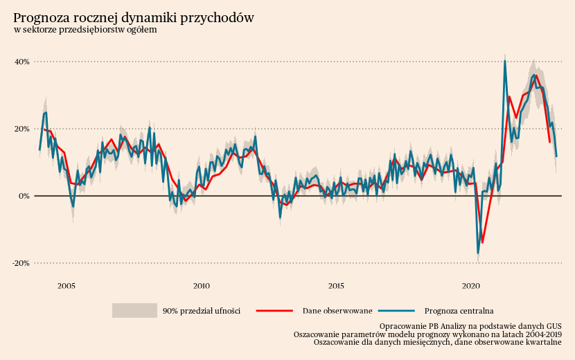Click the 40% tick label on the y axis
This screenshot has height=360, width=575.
point(21,62)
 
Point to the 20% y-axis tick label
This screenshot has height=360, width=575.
point(21,129)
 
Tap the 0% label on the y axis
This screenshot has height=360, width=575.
point(24,196)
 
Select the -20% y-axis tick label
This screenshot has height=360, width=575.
point(21,263)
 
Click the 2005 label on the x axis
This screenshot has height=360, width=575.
point(67,285)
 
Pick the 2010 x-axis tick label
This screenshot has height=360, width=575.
point(202,285)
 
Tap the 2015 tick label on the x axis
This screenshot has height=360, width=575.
point(336,285)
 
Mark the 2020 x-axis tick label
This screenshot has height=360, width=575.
point(471,285)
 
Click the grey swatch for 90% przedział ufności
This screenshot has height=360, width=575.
point(134,311)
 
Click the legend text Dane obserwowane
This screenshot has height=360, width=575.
point(337,311)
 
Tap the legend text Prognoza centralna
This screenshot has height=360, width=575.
point(459,311)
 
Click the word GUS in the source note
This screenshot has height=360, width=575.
point(554,325)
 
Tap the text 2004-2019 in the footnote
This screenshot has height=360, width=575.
point(543,334)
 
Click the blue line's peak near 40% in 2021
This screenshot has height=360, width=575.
point(504,61)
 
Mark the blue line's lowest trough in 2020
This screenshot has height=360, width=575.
point(478,253)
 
